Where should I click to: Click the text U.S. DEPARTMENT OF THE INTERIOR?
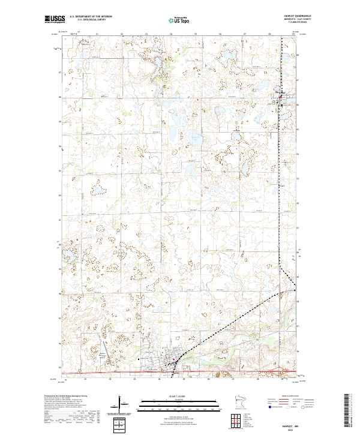pos(91,17)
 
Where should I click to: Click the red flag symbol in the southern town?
pos(174,360)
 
